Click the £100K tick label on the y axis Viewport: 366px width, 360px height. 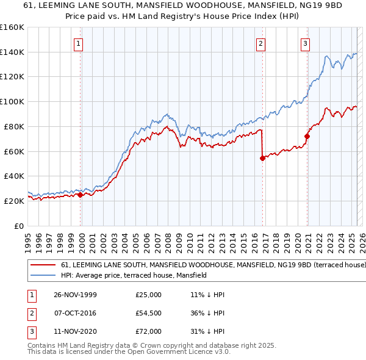(x=12, y=101)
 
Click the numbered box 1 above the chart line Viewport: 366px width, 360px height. (x=80, y=43)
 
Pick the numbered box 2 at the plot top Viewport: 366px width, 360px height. (x=260, y=43)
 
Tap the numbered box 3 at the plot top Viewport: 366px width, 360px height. (x=304, y=43)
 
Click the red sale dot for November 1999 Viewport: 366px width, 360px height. (x=81, y=195)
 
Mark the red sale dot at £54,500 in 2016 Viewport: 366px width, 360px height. (x=262, y=158)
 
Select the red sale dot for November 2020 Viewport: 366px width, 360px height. (x=307, y=136)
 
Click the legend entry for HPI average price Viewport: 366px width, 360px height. (x=134, y=275)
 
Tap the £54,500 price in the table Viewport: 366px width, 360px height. (x=149, y=313)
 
